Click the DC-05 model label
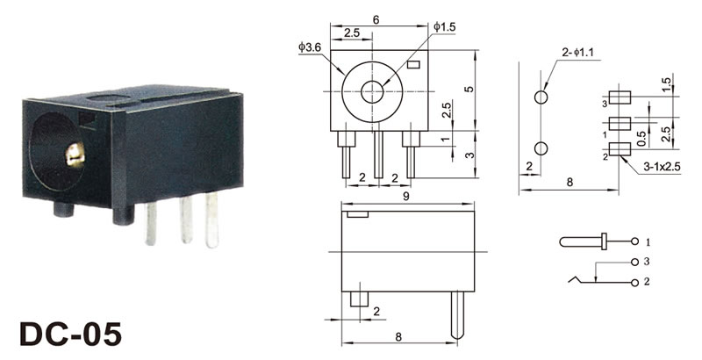pyautogui.click(x=71, y=334)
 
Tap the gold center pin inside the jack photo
pyautogui.click(x=75, y=155)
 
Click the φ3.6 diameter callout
pyautogui.click(x=310, y=47)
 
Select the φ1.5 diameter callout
pyautogui.click(x=444, y=27)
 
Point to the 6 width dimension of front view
pyautogui.click(x=376, y=19)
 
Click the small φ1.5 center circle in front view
pyautogui.click(x=372, y=92)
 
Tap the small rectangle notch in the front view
pyautogui.click(x=414, y=65)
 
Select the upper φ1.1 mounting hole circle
pyautogui.click(x=541, y=97)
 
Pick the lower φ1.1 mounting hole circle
pyautogui.click(x=541, y=148)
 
